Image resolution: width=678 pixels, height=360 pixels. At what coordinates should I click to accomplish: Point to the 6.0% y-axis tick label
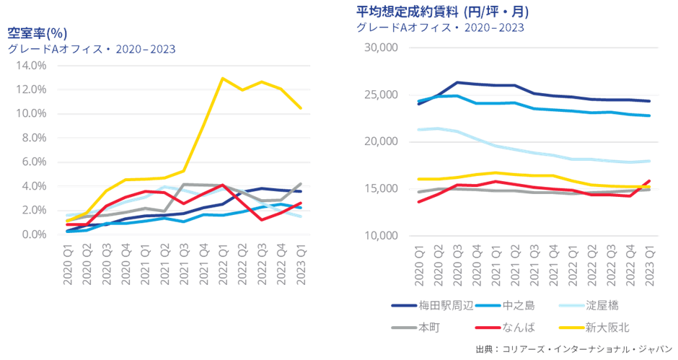click(x=34, y=162)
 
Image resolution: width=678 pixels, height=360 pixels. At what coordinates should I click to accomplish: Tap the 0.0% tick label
click(x=34, y=234)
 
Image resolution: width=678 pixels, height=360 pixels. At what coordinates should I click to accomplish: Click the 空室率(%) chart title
click(x=37, y=34)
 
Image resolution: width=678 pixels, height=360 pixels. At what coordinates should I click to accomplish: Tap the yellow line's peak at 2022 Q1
click(x=224, y=78)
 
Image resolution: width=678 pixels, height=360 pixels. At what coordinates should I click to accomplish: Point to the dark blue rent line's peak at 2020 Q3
click(x=458, y=82)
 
